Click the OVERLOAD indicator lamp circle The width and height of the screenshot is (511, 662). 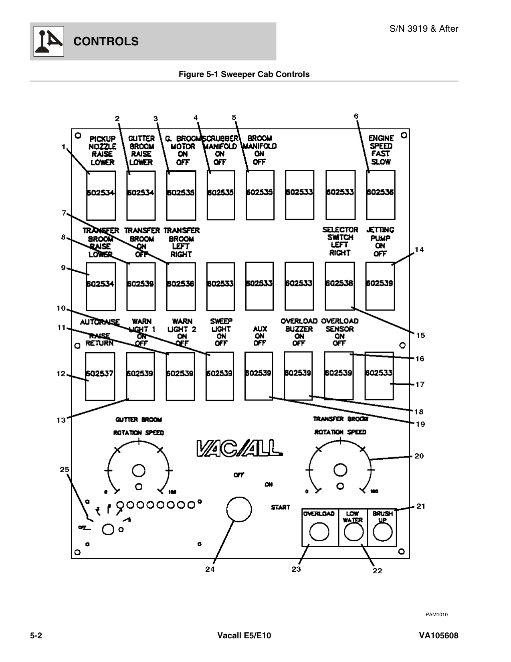(x=319, y=532)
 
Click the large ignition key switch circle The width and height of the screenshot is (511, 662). (x=239, y=509)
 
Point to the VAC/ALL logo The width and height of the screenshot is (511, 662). (x=239, y=449)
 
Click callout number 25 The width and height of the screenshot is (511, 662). (x=65, y=469)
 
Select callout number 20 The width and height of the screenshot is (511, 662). (x=419, y=456)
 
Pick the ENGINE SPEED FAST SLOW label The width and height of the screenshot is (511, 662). (x=381, y=150)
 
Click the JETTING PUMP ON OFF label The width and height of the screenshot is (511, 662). (x=380, y=242)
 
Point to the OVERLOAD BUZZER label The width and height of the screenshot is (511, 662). (x=299, y=332)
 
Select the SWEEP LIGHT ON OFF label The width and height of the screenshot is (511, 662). (x=221, y=332)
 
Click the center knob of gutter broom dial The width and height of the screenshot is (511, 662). (x=139, y=470)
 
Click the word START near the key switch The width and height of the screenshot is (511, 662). (x=280, y=507)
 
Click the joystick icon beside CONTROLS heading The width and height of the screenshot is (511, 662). (x=47, y=41)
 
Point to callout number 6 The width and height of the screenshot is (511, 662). (x=356, y=116)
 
